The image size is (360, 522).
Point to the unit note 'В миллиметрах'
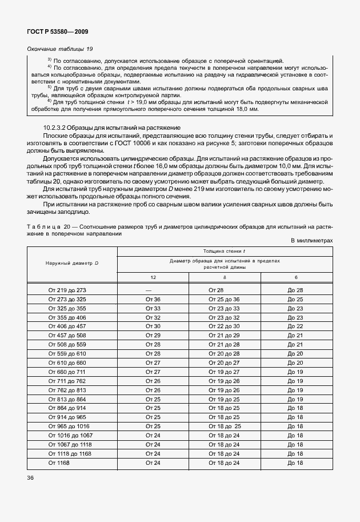coord(311,241)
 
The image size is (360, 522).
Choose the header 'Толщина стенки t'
coord(224,251)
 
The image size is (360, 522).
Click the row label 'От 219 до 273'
coord(67,290)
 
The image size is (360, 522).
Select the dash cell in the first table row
coord(153,290)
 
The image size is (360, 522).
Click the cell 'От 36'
coord(153,299)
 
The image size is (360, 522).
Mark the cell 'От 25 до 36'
coord(224,299)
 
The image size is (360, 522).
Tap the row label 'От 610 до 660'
coord(67,362)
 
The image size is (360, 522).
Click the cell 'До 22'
coord(295,326)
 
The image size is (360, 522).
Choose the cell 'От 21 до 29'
coord(224,335)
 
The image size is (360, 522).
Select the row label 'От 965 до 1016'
coord(69,426)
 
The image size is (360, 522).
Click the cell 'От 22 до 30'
coord(224,326)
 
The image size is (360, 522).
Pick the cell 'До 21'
coord(295,344)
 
